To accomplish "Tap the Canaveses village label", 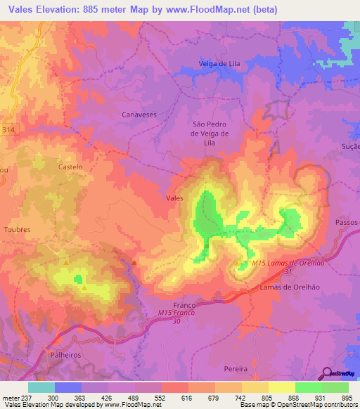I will [139, 113].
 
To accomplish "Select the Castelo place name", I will [70, 167].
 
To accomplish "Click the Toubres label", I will [16, 230].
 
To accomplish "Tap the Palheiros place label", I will [65, 355].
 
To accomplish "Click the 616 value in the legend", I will [174, 397].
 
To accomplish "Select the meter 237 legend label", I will [15, 397].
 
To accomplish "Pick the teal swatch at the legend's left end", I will [41, 387].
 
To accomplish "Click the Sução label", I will [349, 146].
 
